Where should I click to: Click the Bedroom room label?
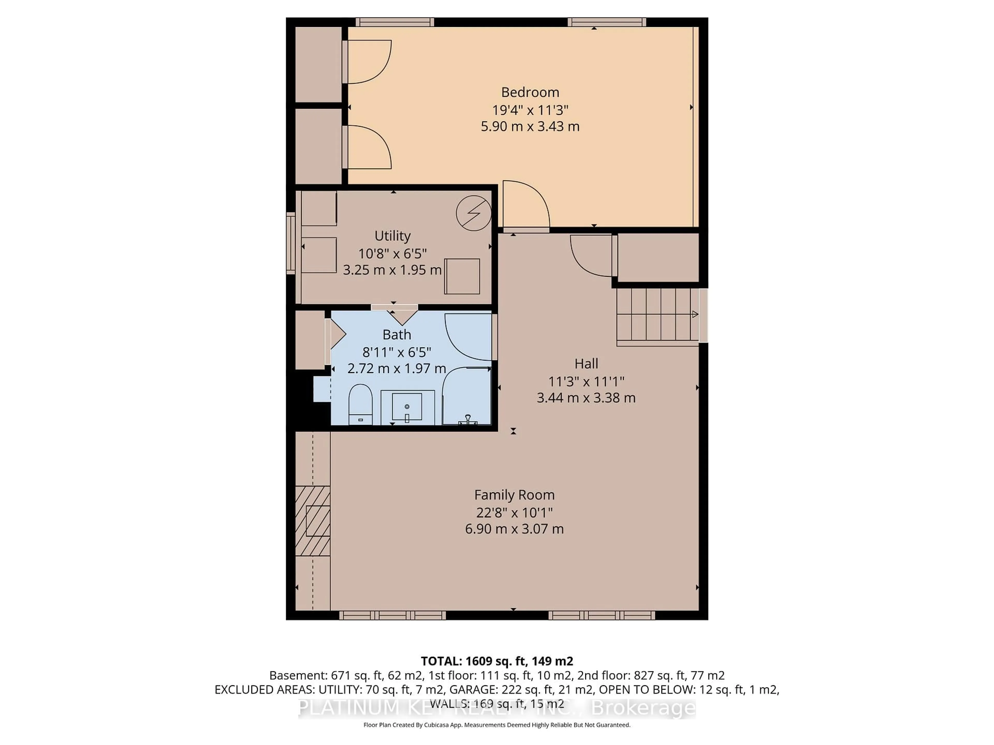[530, 92]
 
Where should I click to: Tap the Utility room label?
[392, 236]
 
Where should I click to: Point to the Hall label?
[586, 363]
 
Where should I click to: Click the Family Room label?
[514, 495]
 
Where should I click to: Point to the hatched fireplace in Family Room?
[313, 521]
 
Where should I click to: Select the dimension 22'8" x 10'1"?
[514, 512]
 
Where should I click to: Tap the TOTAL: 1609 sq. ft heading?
[496, 661]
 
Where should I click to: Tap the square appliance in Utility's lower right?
[462, 276]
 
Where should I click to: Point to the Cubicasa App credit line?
[496, 725]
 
